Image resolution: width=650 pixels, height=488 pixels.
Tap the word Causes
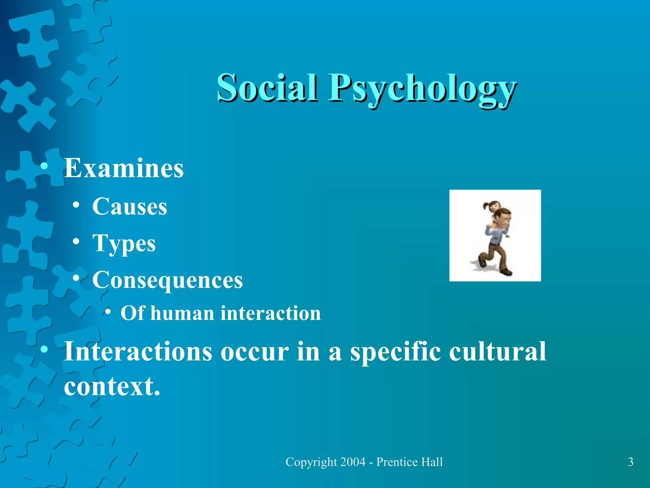pyautogui.click(x=129, y=207)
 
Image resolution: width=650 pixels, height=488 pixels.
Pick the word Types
pyautogui.click(x=124, y=243)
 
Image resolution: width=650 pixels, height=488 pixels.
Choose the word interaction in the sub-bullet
pyautogui.click(x=270, y=313)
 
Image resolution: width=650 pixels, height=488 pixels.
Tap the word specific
pyautogui.click(x=395, y=352)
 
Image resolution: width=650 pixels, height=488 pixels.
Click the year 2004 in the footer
pyautogui.click(x=353, y=462)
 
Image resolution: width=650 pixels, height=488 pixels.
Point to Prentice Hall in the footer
pyautogui.click(x=409, y=462)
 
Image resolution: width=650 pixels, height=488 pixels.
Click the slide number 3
pyautogui.click(x=631, y=462)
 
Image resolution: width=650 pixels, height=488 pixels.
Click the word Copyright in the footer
pyautogui.click(x=311, y=462)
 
